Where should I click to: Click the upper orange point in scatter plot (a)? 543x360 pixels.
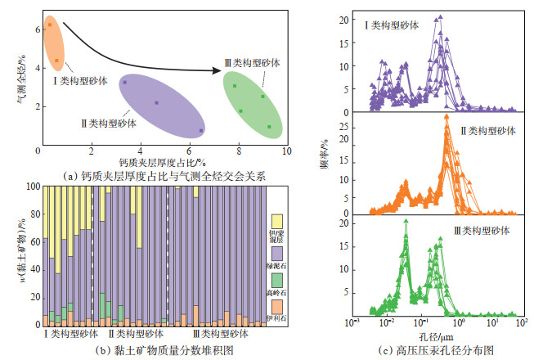(50, 25)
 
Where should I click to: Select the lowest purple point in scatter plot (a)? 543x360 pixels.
(201, 130)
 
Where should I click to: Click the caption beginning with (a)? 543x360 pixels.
(164, 174)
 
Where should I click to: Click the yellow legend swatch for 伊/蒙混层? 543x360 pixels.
(276, 220)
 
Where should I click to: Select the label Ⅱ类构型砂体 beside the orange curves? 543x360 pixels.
(488, 131)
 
